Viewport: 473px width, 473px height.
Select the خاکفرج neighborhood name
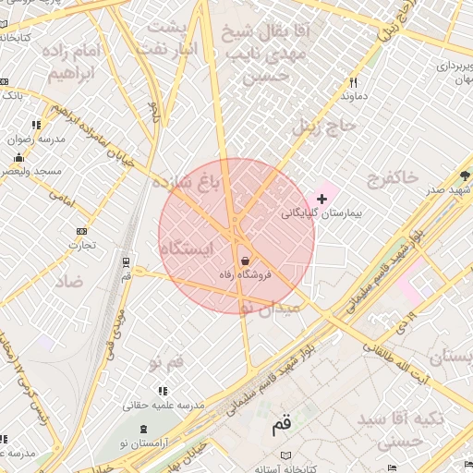point(393,176)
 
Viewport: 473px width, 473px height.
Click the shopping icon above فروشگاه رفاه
point(244,260)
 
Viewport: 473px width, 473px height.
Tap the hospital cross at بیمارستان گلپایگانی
point(321,199)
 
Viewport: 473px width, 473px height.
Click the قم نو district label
point(172,360)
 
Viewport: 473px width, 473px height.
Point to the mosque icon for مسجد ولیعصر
point(19,157)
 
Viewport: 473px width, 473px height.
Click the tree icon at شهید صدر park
point(464,175)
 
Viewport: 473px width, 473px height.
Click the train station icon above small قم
point(126,261)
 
